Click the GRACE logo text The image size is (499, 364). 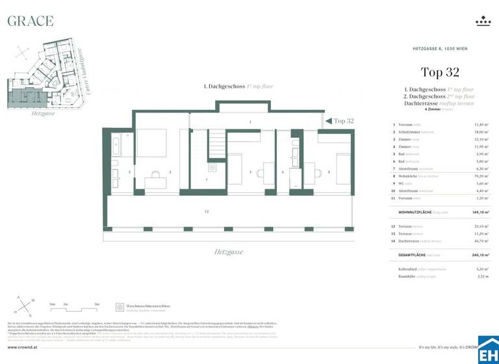click(x=30, y=21)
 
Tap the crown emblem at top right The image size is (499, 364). click(x=483, y=21)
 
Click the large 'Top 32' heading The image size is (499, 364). click(x=440, y=72)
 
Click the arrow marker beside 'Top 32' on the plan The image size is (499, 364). click(x=328, y=121)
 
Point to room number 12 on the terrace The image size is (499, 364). click(x=207, y=212)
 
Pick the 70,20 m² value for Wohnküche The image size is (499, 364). click(x=481, y=175)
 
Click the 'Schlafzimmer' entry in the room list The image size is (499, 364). click(x=414, y=132)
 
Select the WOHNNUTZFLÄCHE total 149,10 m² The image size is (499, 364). click(x=481, y=212)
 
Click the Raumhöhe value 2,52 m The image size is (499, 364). click(x=483, y=276)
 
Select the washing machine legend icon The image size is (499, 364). click(x=120, y=307)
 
